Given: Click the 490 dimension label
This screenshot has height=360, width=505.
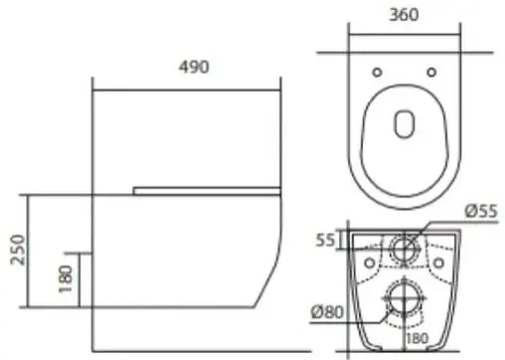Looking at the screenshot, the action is tap(194, 67).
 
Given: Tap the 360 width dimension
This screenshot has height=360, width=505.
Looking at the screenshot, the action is tap(404, 15).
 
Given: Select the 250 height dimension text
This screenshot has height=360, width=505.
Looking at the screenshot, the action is tap(18, 250).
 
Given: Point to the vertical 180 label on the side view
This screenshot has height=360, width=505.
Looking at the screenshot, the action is tap(66, 278).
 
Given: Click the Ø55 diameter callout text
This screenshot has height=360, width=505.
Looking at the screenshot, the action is tap(481, 211).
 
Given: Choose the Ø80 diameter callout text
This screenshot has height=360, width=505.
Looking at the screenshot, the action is tap(327, 312).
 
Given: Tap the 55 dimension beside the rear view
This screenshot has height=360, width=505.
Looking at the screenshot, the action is tap(325, 240).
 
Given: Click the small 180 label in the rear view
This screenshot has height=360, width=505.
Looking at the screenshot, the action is tap(418, 338).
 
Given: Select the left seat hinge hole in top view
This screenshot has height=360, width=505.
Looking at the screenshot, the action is tap(377, 72).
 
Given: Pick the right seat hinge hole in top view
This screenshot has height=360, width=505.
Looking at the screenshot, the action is tap(431, 72).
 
